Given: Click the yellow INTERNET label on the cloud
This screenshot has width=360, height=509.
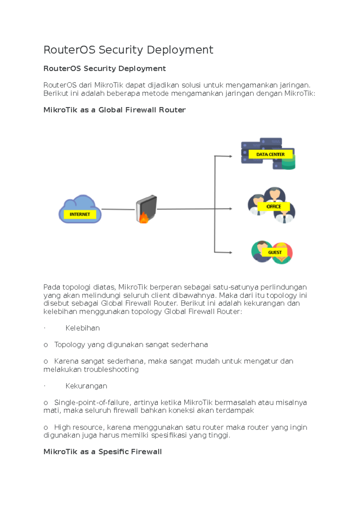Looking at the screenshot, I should coord(80,214).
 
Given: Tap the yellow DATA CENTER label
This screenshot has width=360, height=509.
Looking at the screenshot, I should coord(270,154).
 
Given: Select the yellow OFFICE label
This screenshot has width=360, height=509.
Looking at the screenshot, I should coord(274,207).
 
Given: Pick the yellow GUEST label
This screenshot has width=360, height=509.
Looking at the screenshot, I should coord(275,252).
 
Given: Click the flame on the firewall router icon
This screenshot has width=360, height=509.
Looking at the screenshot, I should coord(144,219).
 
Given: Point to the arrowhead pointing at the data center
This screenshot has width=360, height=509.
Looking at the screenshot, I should coord(230,156).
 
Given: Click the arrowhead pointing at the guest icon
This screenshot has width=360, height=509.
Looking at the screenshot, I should coord(230,252).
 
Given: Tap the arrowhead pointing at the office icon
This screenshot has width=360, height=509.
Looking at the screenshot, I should coord(230,209).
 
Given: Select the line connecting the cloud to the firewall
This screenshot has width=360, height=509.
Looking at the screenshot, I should coord(118,209).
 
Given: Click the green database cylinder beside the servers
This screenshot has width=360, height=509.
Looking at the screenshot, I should coord(289,162).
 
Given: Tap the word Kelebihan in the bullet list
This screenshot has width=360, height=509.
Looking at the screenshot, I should coord(82,328).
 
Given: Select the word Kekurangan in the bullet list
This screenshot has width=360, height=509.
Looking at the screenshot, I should coord(86,386).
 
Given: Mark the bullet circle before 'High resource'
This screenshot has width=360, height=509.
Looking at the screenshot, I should coord(46,427).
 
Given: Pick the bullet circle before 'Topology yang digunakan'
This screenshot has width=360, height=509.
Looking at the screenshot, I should coord(46,345).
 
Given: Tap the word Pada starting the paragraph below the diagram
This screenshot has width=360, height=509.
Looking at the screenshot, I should coord(50,287).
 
